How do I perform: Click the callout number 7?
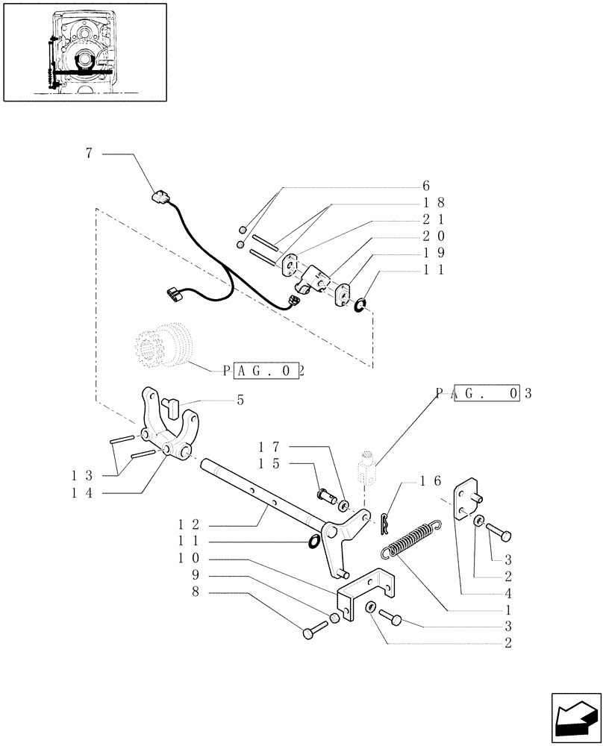click(x=89, y=154)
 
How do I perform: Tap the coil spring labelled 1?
click(x=410, y=539)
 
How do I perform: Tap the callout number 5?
click(x=240, y=400)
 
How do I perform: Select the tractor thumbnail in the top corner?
click(x=83, y=51)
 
